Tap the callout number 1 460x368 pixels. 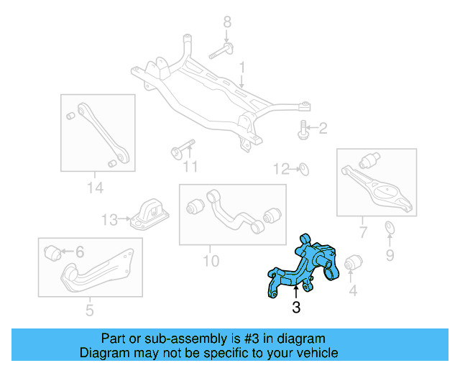(x=242, y=68)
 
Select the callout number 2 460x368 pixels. (x=323, y=129)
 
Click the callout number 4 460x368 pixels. (x=352, y=290)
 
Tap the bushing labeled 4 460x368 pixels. (x=353, y=264)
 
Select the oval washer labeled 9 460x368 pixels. (x=390, y=229)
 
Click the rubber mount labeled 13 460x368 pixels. (x=149, y=213)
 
